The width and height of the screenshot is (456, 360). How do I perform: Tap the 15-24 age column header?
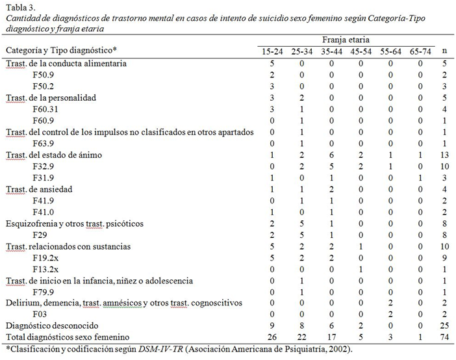coord(273,51)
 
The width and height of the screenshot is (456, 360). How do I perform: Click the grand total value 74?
coord(444,338)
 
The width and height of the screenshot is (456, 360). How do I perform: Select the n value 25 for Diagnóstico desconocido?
coord(444,327)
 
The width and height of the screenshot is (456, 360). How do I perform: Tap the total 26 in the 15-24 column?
coord(273,338)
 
